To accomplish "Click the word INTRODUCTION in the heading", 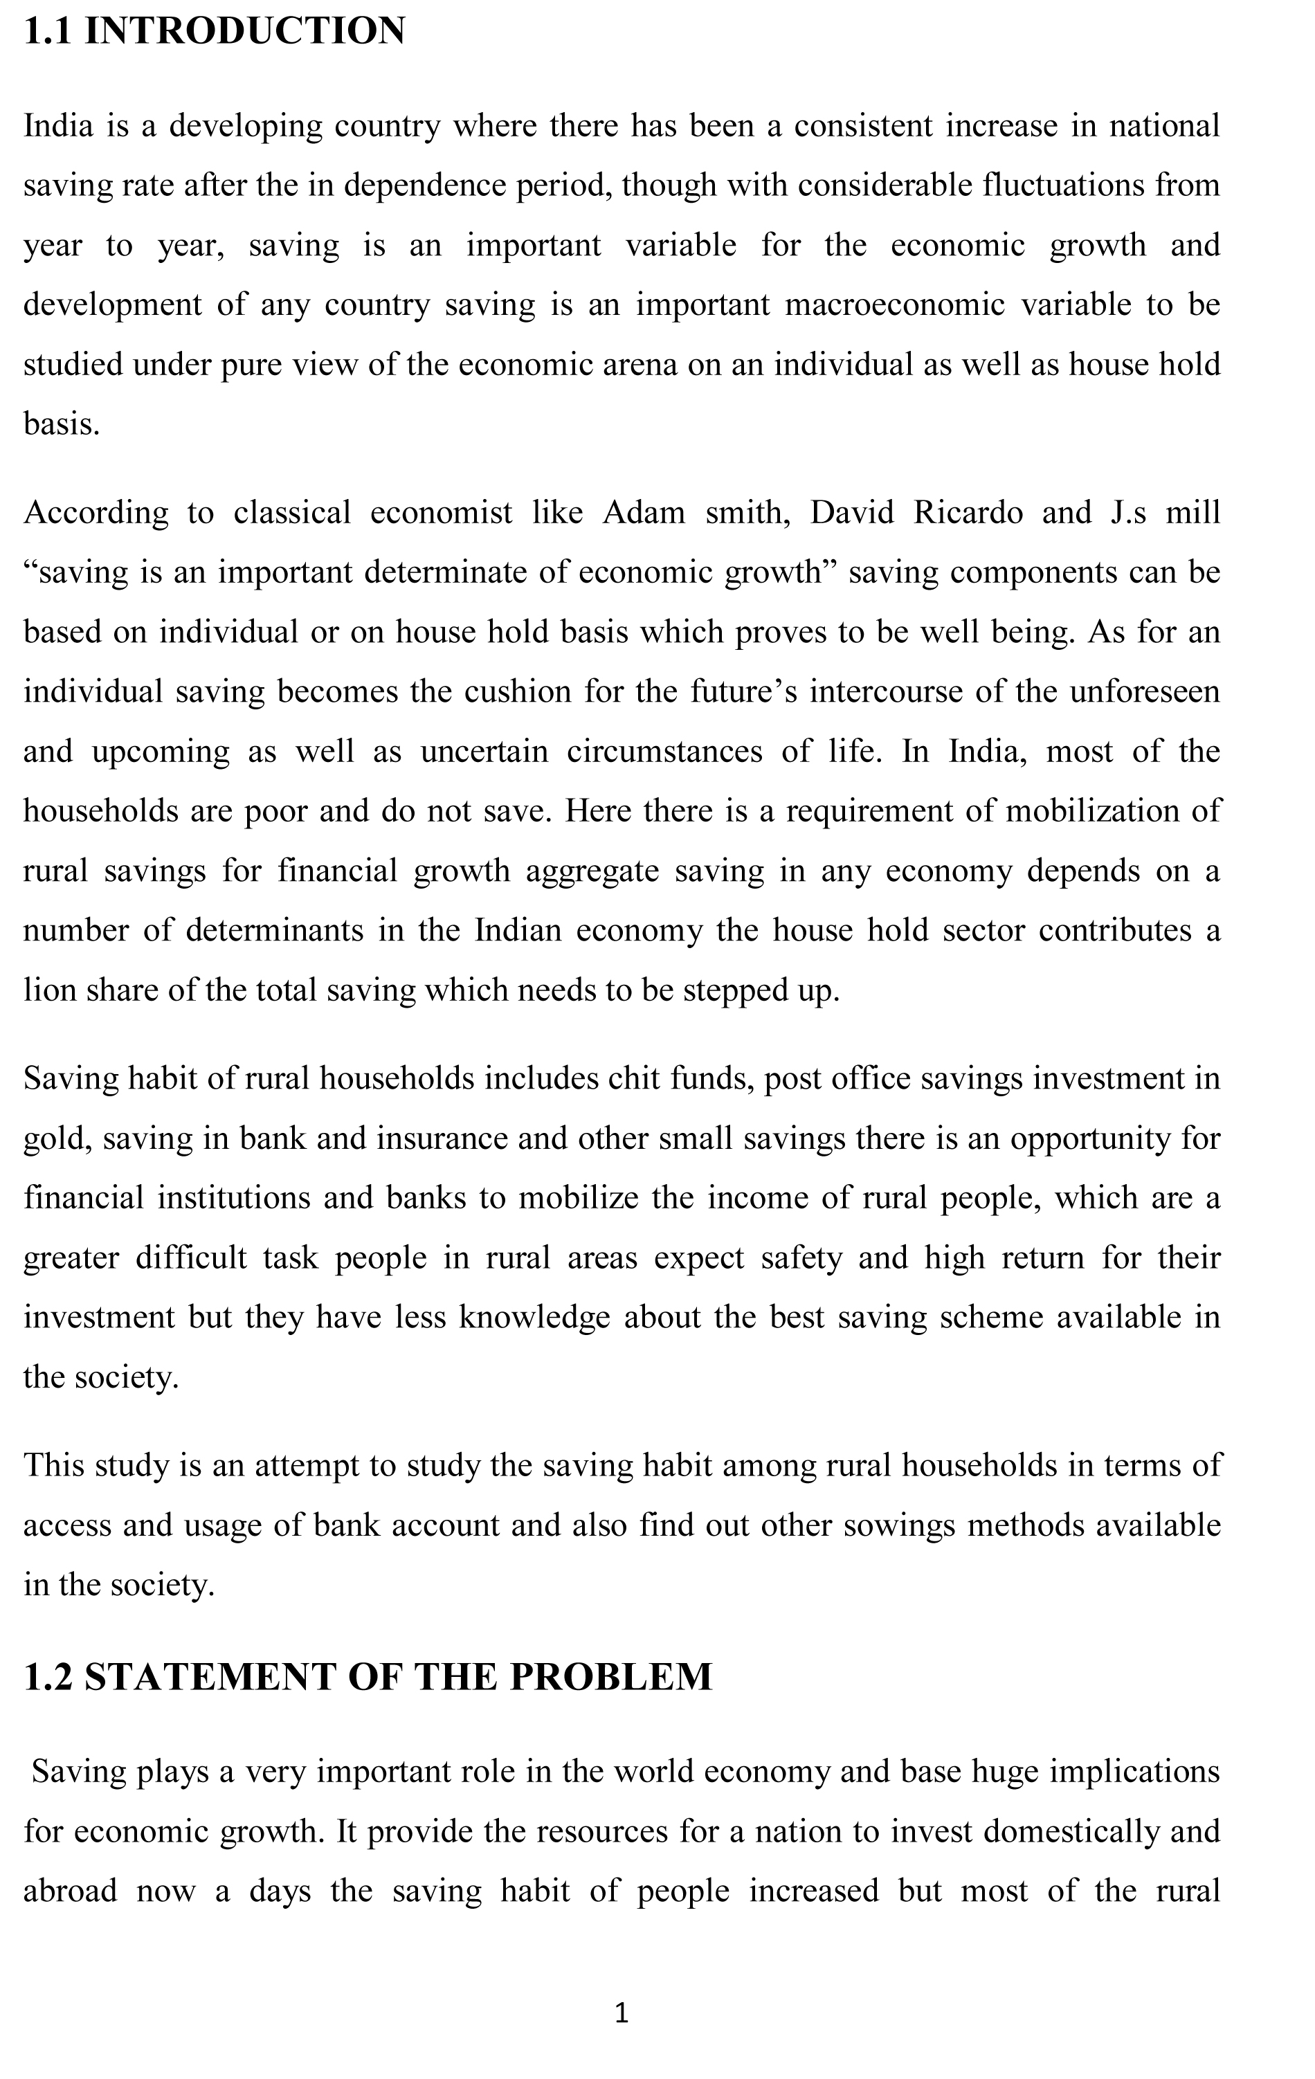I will [x=244, y=31].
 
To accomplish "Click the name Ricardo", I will [x=968, y=512].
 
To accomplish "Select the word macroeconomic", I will [x=894, y=305].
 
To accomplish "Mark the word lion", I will [x=48, y=990].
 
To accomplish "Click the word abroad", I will [x=70, y=1891].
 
